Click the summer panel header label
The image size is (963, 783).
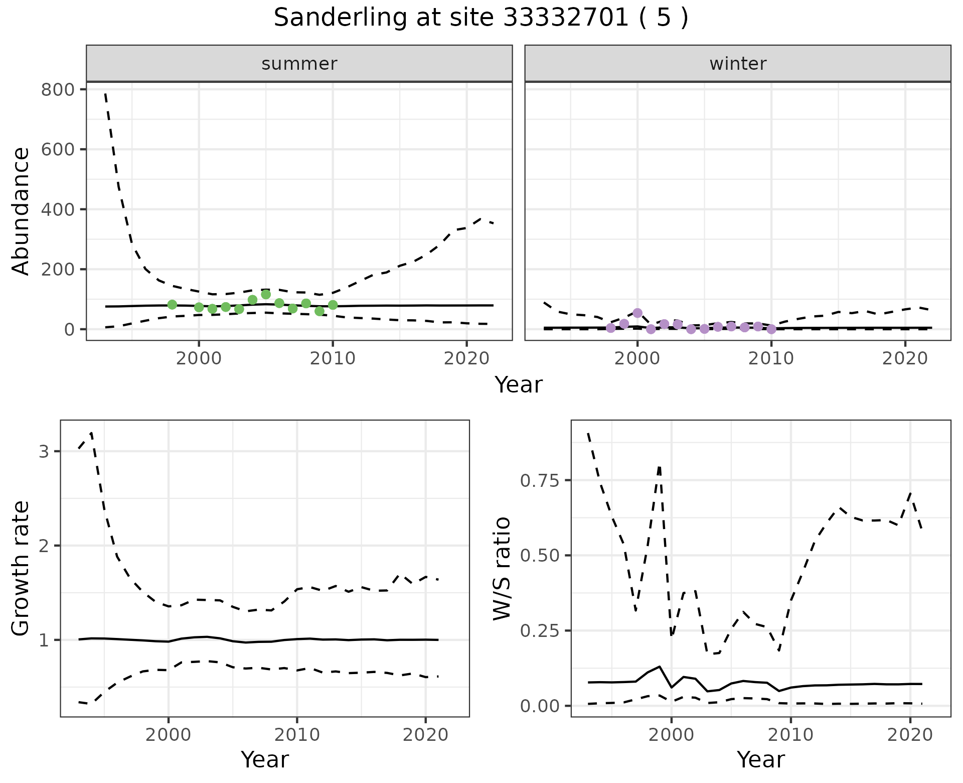[x=299, y=64]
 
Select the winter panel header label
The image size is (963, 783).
[x=738, y=64]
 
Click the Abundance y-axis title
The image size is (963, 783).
[x=21, y=211]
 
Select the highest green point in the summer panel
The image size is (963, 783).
[x=266, y=295]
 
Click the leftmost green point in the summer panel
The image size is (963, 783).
[x=172, y=305]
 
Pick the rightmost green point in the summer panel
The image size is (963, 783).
[x=333, y=305]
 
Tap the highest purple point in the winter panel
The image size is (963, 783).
[x=637, y=313]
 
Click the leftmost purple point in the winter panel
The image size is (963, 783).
[x=610, y=328]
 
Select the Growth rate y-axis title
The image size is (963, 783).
[x=21, y=568]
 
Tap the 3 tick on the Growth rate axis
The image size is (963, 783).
[x=44, y=451]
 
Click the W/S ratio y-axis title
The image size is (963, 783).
[x=502, y=568]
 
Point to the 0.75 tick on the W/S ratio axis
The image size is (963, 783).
[x=539, y=480]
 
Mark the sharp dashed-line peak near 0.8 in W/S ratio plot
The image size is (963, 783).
[x=659, y=467]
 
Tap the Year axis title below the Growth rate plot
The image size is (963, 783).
[x=265, y=759]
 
